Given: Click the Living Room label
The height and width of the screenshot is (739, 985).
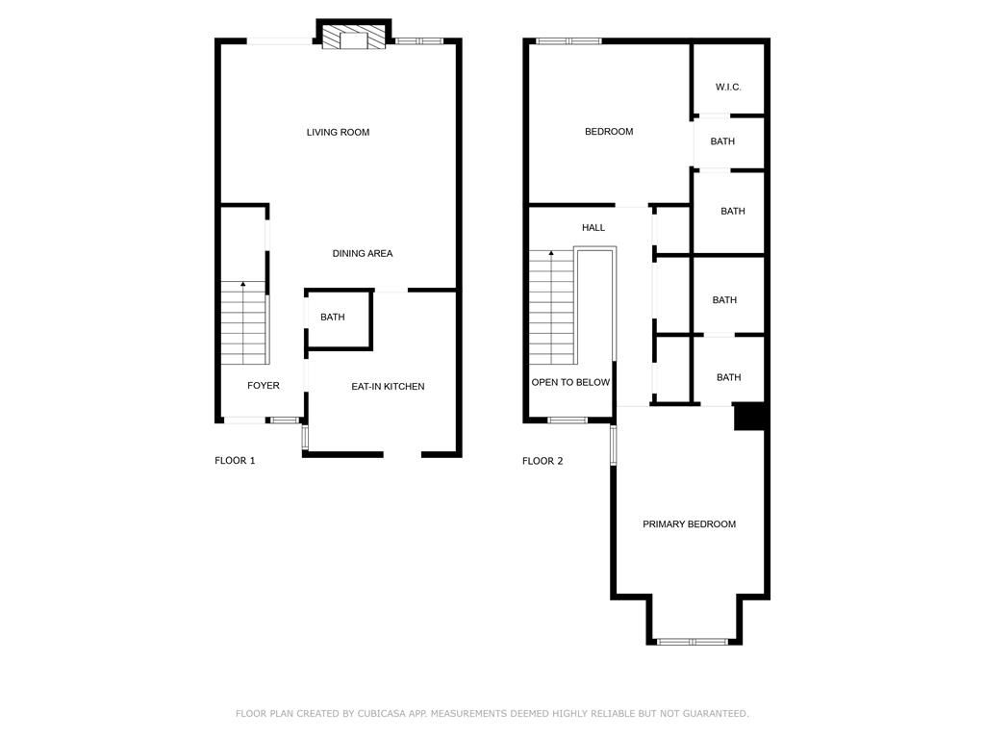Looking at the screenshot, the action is pos(338,132).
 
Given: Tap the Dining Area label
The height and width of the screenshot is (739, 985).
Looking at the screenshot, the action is pos(363,253).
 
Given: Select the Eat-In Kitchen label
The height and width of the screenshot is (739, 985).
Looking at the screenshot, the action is pos(388,387).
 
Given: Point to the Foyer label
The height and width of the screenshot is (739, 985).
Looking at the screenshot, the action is pos(264,385).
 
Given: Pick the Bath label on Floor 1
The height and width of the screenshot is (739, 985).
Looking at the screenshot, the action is pos(332,317).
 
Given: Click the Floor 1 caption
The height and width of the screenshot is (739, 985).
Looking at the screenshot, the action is pos(235,461).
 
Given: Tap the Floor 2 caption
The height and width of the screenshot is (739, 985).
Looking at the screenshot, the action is pos(543,461).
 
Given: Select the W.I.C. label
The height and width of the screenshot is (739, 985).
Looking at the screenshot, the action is pos(728,87).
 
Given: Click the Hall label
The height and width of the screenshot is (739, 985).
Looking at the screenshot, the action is pos(594,227).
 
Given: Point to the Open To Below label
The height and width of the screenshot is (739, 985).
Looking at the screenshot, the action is pos(570,382).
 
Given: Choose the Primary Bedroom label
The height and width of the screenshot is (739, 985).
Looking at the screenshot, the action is pos(689,524).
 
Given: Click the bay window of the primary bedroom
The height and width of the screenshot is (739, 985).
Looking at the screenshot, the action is pos(693,642).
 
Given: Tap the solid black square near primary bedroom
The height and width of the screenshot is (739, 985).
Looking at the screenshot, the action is pos(750,416).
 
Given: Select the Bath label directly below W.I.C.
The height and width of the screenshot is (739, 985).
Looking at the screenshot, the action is pos(722,141).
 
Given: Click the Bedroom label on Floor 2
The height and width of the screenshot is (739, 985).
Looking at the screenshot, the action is pos(609,131).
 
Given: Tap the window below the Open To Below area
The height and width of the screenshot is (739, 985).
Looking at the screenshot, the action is pos(568,420).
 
